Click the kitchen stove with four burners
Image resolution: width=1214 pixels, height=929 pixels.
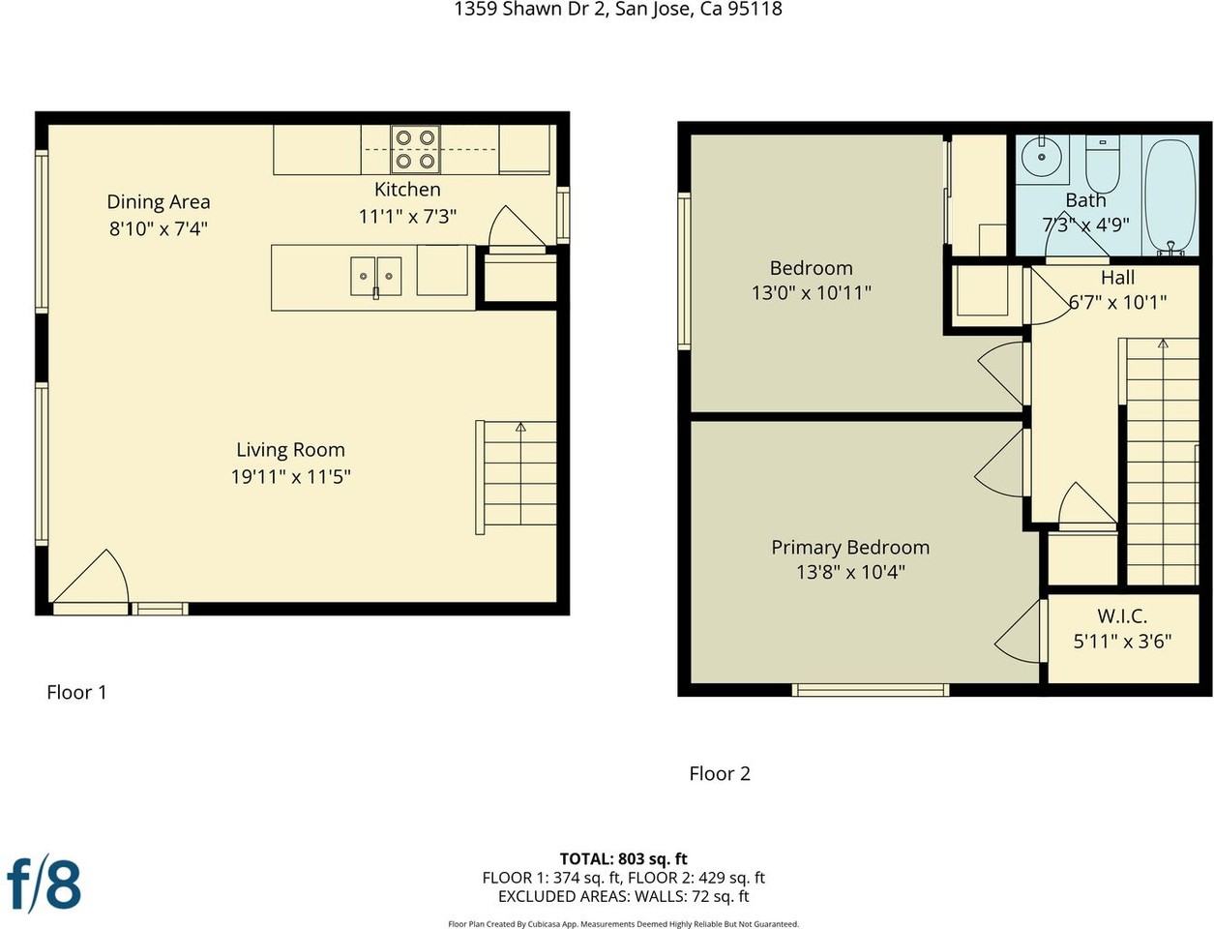pyautogui.click(x=415, y=149)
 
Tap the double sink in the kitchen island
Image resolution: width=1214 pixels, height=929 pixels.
pyautogui.click(x=376, y=276)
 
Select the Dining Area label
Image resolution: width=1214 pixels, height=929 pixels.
pyautogui.click(x=159, y=202)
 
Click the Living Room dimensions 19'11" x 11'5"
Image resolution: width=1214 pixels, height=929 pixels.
pyautogui.click(x=291, y=476)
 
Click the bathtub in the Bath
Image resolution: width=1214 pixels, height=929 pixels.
pyautogui.click(x=1170, y=195)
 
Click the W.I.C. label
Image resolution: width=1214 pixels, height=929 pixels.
pyautogui.click(x=1122, y=615)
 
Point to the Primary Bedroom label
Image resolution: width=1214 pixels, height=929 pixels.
pyautogui.click(x=850, y=547)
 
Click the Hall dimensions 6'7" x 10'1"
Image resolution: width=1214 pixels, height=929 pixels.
pyautogui.click(x=1118, y=302)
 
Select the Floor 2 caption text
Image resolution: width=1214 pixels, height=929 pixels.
pyautogui.click(x=720, y=773)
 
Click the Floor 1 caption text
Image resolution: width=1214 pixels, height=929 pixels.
pyautogui.click(x=76, y=692)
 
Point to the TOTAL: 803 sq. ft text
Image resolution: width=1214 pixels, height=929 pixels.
pyautogui.click(x=623, y=858)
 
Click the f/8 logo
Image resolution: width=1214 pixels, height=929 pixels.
pyautogui.click(x=44, y=884)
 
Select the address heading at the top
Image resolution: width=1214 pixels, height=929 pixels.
pyautogui.click(x=618, y=10)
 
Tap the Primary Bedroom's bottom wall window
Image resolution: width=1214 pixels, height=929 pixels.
pyautogui.click(x=871, y=689)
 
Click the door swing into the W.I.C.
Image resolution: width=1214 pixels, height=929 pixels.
pyautogui.click(x=1018, y=631)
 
